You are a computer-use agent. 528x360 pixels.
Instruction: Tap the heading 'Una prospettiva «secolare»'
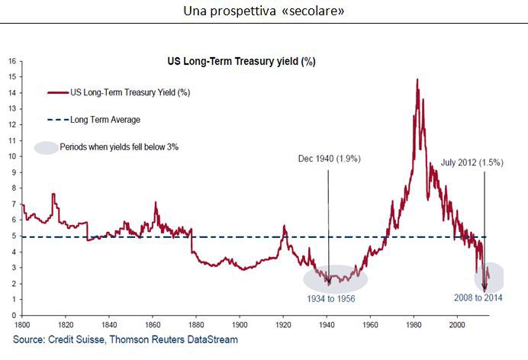[x=263, y=12]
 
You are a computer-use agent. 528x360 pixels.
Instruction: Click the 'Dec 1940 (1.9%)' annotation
[x=329, y=159]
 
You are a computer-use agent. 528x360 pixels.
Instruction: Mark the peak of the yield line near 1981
[x=417, y=79]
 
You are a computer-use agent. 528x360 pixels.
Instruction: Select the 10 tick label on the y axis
[x=12, y=156]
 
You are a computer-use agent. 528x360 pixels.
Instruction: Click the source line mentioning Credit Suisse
[x=126, y=339]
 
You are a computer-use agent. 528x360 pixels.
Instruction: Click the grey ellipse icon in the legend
[x=47, y=147]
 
